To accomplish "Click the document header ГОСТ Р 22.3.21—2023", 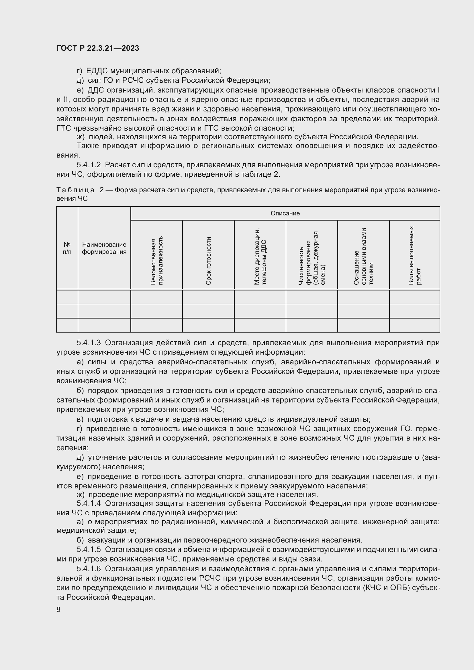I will coord(98,48).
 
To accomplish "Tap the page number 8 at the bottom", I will coord(58,609).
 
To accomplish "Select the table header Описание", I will coord(285,213).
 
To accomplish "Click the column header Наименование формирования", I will coord(104,248).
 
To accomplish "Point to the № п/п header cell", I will coord(67,248).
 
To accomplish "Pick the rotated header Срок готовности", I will coord(208,261).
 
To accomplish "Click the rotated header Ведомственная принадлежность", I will coord(157,261).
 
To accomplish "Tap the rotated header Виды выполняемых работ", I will coord(414,255).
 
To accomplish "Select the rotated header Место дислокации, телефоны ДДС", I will coord(260,257).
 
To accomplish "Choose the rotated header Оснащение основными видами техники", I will coord(363,256).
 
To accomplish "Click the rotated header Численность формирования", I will coord(312,258).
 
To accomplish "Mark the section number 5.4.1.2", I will coord(89,165).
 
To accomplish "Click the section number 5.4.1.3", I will coord(89,343).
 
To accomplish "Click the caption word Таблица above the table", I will coord(75,190).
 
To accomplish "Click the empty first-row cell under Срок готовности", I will coord(208,297).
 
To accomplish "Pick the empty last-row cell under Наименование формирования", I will coord(104,325).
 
